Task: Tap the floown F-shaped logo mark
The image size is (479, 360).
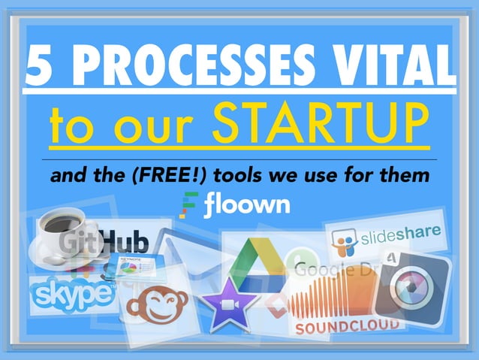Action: pos(190,204)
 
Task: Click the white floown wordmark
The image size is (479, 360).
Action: pos(246,204)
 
